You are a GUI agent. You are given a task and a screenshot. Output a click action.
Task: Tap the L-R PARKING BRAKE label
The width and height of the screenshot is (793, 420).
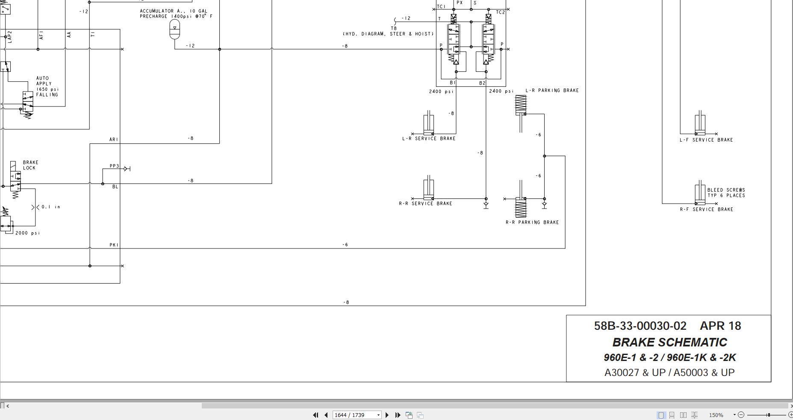[552, 91]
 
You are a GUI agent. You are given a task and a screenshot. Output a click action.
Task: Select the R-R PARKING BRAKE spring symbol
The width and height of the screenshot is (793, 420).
[521, 207]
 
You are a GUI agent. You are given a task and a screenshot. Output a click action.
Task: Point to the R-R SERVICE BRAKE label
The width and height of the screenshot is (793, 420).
[425, 204]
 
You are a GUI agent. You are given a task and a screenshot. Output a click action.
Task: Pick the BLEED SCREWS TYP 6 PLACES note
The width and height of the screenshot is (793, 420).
[726, 193]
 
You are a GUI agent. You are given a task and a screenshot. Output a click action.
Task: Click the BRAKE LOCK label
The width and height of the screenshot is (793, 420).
[30, 165]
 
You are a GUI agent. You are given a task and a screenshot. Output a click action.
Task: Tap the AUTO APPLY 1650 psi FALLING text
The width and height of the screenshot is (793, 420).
[47, 87]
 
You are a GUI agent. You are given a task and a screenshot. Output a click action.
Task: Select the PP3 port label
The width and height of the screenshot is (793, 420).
[114, 166]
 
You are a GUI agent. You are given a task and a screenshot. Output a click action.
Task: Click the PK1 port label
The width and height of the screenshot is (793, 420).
[114, 245]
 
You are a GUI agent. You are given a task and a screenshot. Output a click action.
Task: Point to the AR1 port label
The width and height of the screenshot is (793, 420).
[114, 140]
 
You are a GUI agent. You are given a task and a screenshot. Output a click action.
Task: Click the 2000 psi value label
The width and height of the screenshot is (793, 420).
[28, 233]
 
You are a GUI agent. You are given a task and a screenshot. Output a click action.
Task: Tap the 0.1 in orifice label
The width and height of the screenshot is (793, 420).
[51, 207]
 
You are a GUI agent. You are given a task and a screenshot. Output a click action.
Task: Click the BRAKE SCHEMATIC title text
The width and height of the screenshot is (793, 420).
[669, 343]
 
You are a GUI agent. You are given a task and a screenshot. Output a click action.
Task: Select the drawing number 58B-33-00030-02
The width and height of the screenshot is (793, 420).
[640, 326]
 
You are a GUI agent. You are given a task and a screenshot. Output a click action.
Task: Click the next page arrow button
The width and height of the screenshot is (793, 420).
[387, 415]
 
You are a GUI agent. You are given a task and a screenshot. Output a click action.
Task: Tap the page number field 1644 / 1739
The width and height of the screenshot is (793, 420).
[357, 415]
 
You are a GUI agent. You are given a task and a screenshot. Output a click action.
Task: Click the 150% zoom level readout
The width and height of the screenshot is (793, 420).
[716, 415]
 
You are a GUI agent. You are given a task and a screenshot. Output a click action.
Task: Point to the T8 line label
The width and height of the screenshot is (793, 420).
[394, 29]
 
